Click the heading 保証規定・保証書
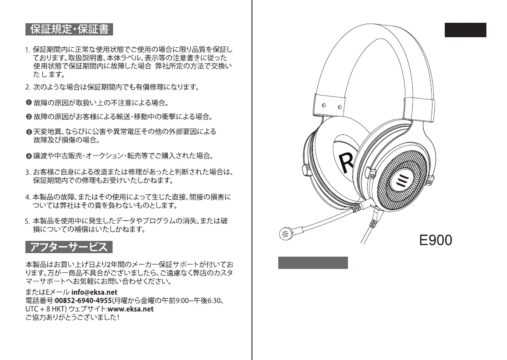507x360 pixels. [69, 29]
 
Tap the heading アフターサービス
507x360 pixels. [69, 247]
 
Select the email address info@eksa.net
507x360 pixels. [94, 292]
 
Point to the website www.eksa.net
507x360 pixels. [130, 309]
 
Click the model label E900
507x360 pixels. [436, 240]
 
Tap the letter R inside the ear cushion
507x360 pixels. [347, 163]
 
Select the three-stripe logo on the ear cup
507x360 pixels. [401, 180]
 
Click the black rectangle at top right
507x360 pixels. [465, 30]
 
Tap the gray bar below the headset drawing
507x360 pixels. [313, 263]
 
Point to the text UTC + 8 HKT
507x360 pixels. [42, 309]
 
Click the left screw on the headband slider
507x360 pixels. [324, 106]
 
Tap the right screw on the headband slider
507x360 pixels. [339, 106]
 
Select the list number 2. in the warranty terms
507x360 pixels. [28, 87]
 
